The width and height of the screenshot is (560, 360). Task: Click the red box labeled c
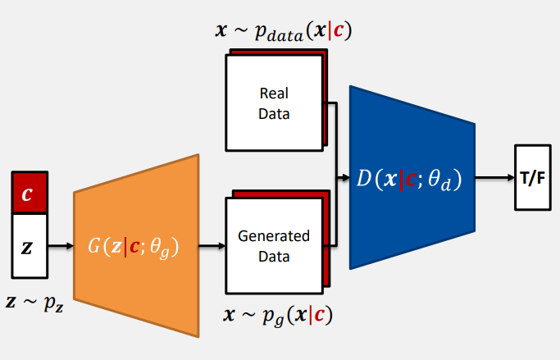[x=30, y=193]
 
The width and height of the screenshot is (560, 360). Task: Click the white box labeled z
[x=30, y=245]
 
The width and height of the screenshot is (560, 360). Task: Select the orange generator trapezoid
[x=136, y=245]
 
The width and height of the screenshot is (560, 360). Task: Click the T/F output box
[x=530, y=178]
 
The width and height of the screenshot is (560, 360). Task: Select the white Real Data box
[x=274, y=103]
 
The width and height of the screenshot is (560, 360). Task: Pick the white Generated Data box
[x=274, y=245]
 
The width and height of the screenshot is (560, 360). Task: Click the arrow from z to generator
[x=60, y=245]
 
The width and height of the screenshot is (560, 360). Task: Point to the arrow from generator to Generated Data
[x=212, y=245]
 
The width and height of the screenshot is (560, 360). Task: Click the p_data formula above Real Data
[x=284, y=31]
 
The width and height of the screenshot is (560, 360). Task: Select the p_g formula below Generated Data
[x=274, y=314]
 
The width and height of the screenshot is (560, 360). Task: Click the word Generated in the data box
[x=274, y=236]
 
